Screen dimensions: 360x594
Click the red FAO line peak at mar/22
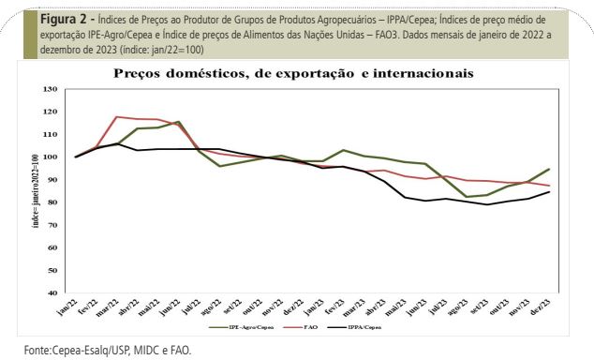[x=115, y=117]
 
